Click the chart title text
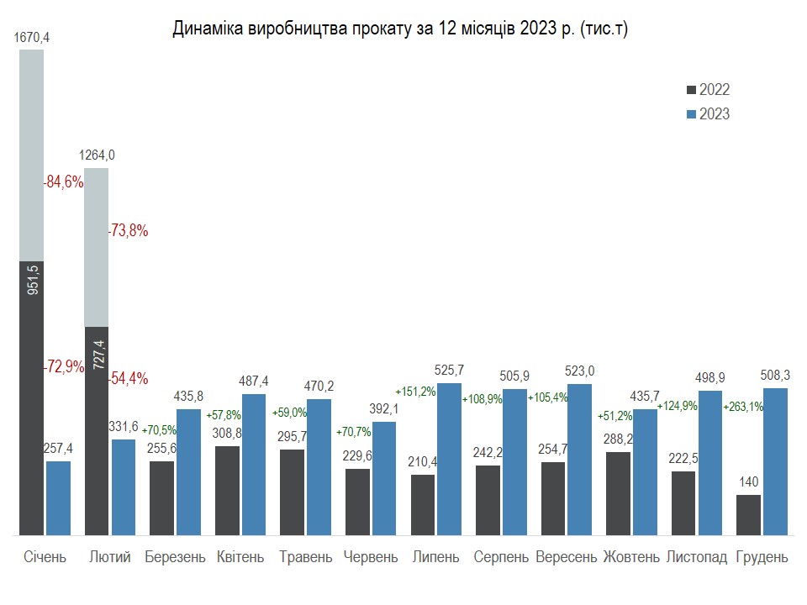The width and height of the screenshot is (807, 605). pos(400,29)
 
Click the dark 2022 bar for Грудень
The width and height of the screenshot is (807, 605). pos(748,514)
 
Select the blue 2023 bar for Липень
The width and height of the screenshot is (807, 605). pos(449,459)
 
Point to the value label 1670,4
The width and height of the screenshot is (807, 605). pos(32,37)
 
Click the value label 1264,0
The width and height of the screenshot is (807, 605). pos(97,155)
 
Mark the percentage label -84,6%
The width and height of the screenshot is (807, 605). pos(64,181)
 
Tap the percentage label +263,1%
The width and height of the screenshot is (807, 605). pos(743,407)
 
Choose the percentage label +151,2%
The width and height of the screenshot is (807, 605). pos(415,392)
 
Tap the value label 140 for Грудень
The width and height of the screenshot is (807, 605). pos(747,483)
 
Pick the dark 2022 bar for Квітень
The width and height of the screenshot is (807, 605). pos(228,490)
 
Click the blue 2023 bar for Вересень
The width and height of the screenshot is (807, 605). pos(579,460)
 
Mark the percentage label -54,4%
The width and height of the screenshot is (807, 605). pos(129,378)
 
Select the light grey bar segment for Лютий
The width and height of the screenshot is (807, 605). pos(97,247)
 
